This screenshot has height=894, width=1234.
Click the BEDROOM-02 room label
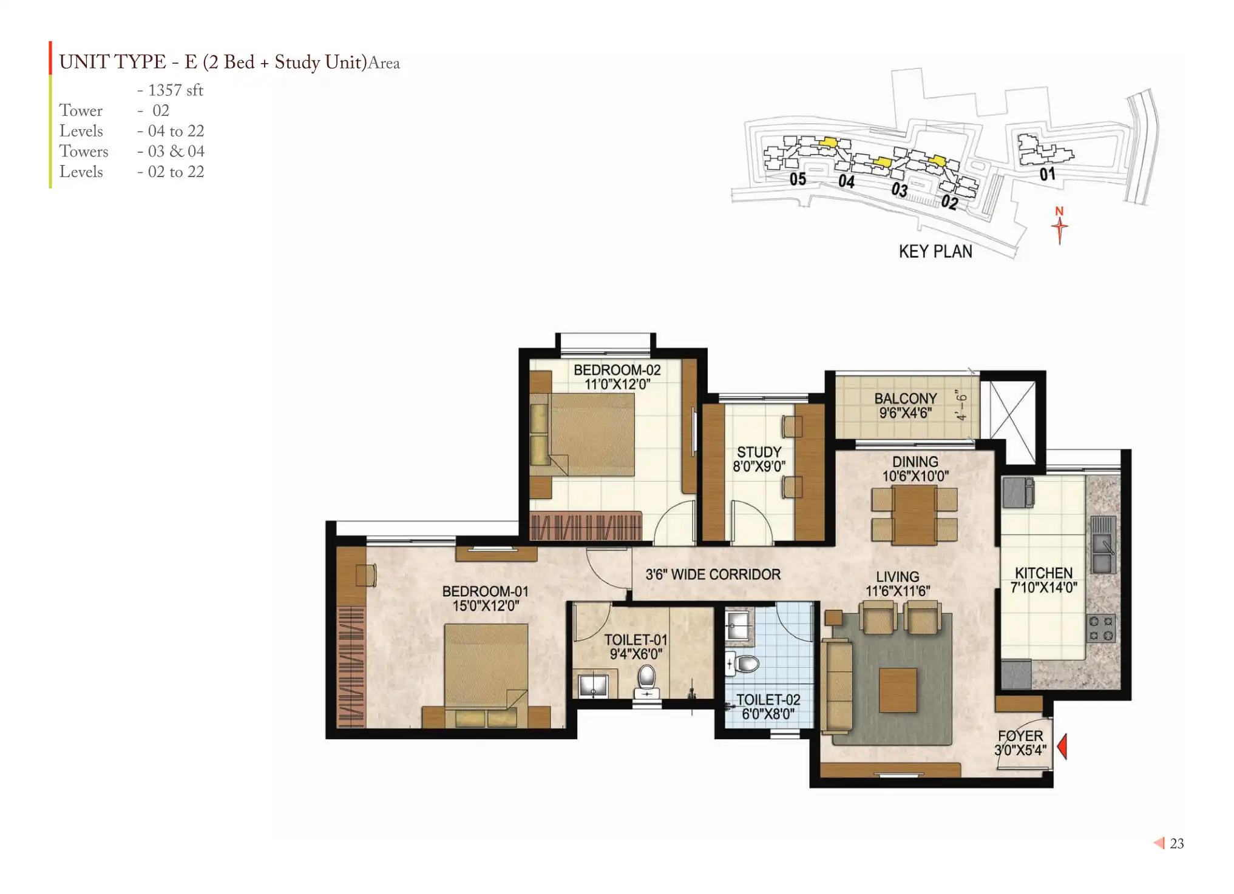click(617, 369)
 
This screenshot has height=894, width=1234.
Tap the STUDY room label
click(759, 452)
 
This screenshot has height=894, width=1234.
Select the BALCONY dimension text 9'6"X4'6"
click(905, 413)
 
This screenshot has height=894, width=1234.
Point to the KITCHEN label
click(1043, 573)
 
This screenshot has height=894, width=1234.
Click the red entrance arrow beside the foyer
click(1062, 746)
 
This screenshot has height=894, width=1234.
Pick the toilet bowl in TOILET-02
click(743, 664)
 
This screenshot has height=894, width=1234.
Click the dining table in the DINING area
click(914, 514)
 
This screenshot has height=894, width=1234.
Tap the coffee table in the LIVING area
click(898, 690)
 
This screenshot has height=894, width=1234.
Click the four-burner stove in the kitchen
click(1101, 628)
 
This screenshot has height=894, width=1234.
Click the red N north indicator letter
click(1059, 211)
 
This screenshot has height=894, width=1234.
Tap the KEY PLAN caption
click(935, 251)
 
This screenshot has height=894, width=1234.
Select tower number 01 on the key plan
click(1048, 174)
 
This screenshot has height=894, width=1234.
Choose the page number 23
click(1177, 844)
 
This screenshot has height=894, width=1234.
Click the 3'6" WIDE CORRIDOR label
click(713, 574)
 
